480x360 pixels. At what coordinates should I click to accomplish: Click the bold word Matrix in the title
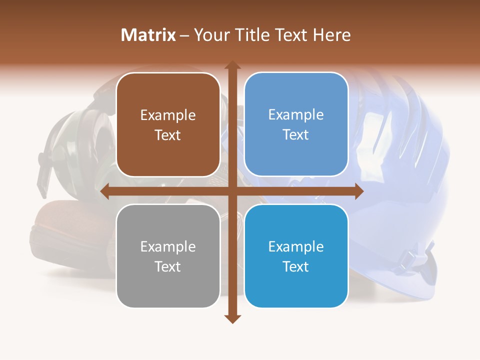pyautogui.click(x=148, y=35)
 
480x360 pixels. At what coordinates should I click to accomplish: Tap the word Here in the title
pyautogui.click(x=332, y=35)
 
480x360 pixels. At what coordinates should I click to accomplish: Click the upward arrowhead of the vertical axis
pyautogui.click(x=232, y=65)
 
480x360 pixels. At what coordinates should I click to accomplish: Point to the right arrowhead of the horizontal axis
pyautogui.click(x=358, y=191)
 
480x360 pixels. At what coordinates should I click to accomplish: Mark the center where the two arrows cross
pyautogui.click(x=232, y=191)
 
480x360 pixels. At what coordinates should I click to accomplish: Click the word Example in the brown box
pyautogui.click(x=168, y=115)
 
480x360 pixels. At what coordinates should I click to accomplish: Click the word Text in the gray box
pyautogui.click(x=168, y=266)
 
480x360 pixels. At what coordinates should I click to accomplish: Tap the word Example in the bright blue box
pyautogui.click(x=296, y=246)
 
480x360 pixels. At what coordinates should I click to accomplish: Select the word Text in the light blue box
pyautogui.click(x=296, y=135)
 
